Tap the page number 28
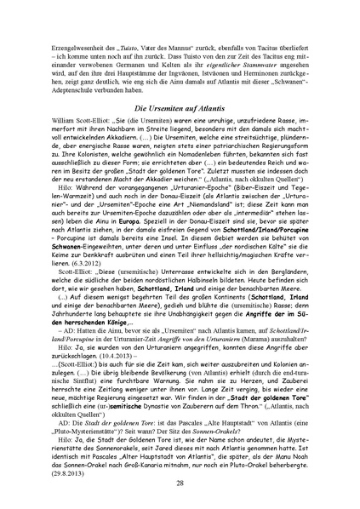pyautogui.click(x=180, y=483)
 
